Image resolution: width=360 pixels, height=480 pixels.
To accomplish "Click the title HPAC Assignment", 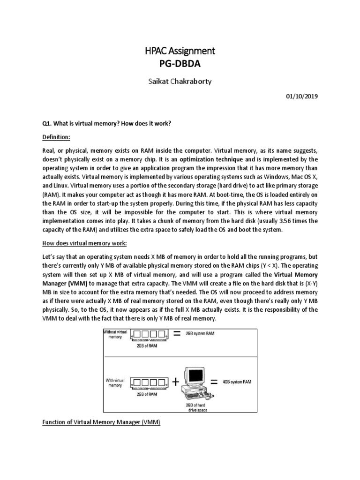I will click(180, 51).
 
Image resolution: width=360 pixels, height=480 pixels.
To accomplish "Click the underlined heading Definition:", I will click(56, 138).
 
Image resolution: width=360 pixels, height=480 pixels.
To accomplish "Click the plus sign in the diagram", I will click(176, 382).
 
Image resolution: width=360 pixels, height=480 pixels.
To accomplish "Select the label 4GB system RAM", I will click(237, 382).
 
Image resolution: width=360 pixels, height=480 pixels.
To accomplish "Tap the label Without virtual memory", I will click(115, 334).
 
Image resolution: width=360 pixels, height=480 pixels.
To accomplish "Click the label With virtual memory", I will click(115, 382).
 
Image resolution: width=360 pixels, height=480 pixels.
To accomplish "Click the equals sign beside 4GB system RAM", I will click(214, 382).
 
